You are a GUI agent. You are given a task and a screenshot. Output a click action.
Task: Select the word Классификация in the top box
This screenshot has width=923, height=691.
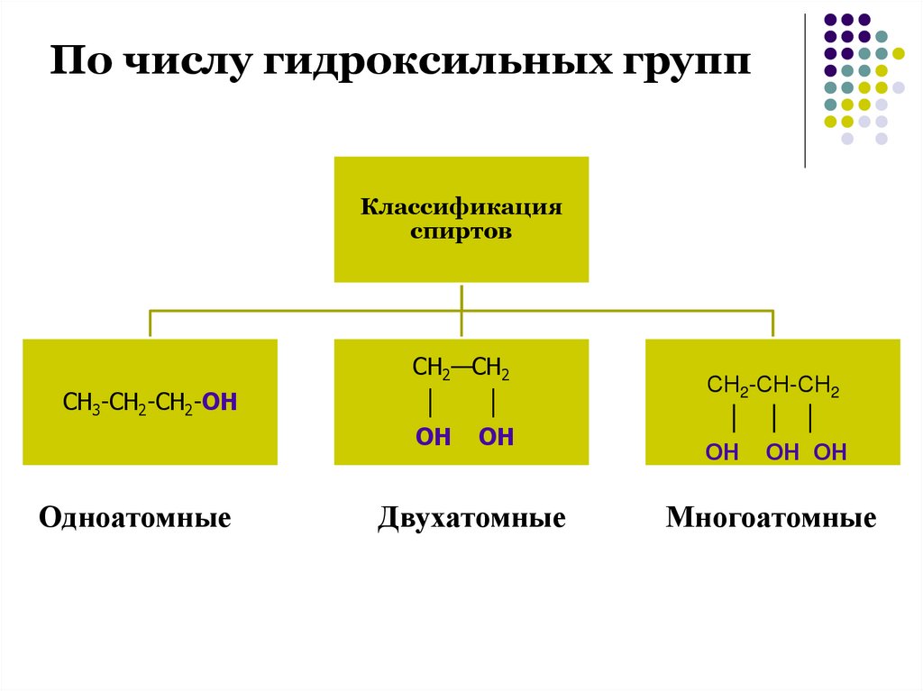[x=461, y=208]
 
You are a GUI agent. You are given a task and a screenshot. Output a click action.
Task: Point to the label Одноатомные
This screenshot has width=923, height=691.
[x=135, y=519]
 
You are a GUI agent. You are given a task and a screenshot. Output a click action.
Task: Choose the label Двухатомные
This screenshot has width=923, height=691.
[x=471, y=519]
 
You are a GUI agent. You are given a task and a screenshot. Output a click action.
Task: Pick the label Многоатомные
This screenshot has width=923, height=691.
[x=771, y=519]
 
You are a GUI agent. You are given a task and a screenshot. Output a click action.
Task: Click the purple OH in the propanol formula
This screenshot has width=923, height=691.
[x=221, y=402]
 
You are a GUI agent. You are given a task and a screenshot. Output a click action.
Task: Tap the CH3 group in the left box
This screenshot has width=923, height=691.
[x=79, y=402]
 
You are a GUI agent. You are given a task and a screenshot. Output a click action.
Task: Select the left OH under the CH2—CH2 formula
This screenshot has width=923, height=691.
[x=433, y=438]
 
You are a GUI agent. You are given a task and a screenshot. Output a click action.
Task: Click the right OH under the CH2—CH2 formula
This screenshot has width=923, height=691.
[x=496, y=438]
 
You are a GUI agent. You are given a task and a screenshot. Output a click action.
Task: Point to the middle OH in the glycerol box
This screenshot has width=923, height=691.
[x=782, y=452]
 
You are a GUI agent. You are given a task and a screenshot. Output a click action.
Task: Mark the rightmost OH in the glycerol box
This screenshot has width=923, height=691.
[x=830, y=452]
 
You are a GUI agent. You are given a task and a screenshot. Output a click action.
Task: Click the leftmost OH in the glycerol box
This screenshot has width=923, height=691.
[x=722, y=452]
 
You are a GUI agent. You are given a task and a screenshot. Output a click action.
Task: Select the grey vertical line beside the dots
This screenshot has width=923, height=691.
[x=805, y=90]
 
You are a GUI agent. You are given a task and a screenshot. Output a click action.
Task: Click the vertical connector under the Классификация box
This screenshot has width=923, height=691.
[x=461, y=297]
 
